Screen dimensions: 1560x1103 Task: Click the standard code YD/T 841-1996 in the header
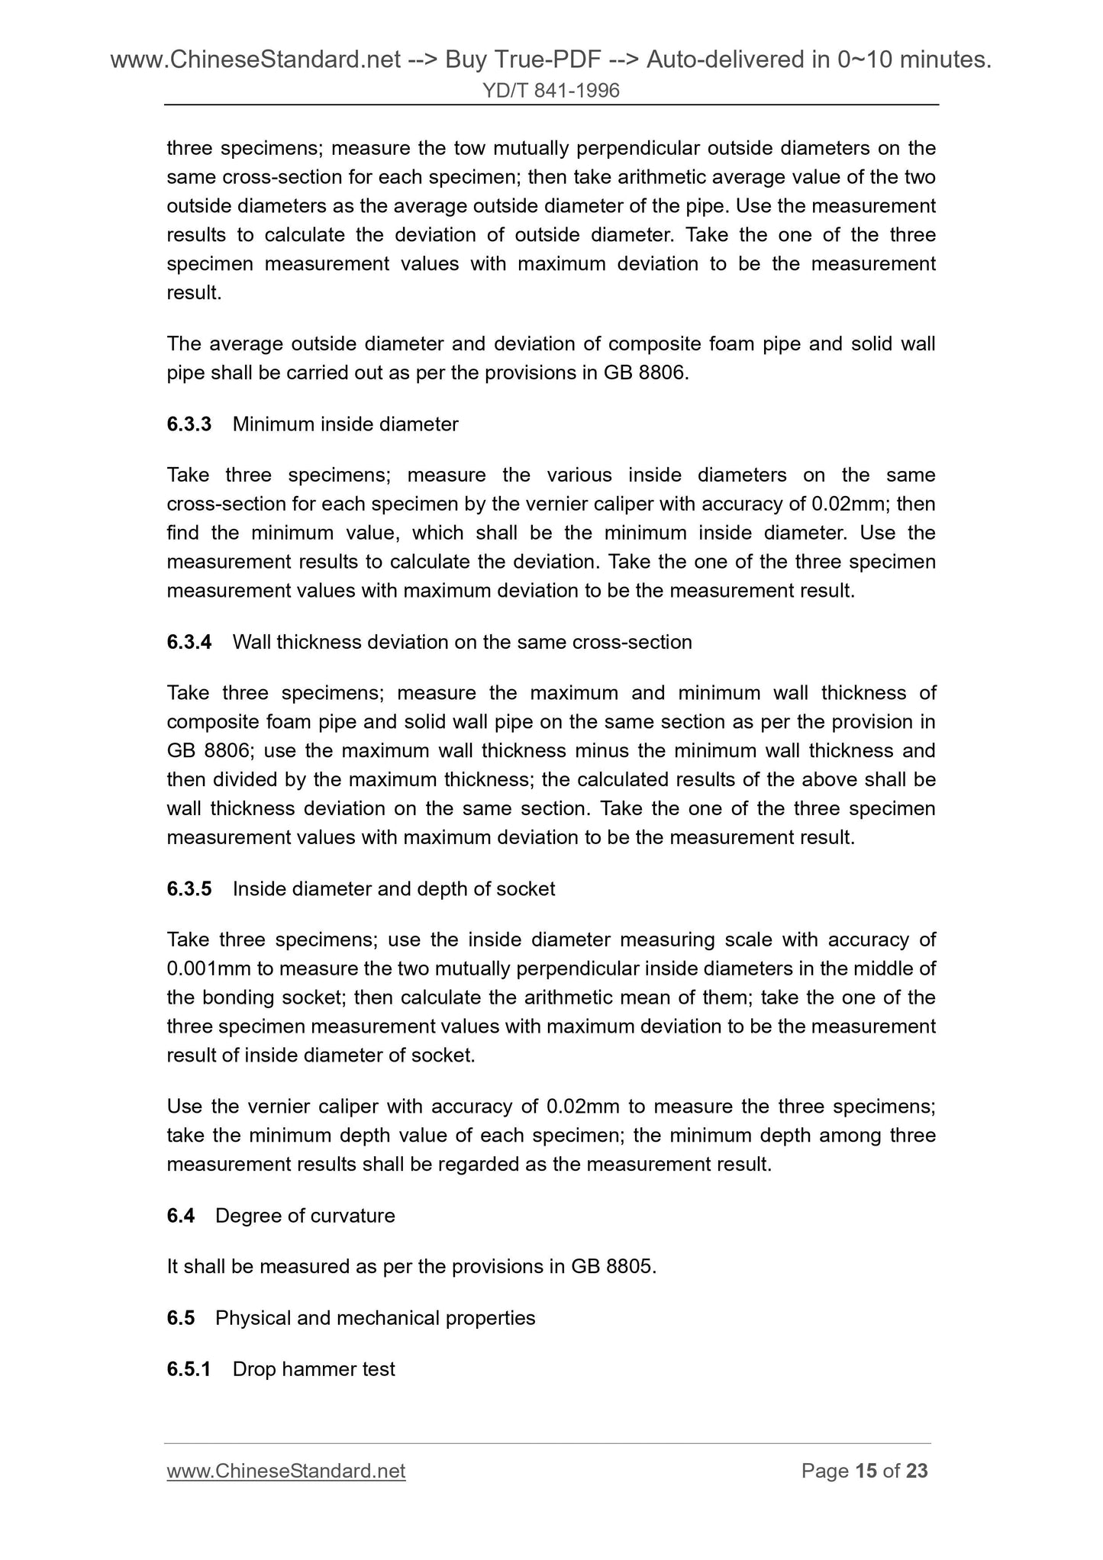[551, 92]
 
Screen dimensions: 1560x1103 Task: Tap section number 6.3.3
[189, 424]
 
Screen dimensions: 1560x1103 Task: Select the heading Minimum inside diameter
[345, 424]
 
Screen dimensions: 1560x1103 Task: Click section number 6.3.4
[189, 643]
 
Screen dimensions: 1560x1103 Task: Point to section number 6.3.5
[189, 889]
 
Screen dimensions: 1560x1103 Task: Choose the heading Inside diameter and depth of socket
[393, 889]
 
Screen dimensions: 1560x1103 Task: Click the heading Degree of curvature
[305, 1216]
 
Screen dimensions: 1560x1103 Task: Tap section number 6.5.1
[189, 1369]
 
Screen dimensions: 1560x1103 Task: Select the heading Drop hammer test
[313, 1369]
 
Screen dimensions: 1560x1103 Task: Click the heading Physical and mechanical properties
[375, 1318]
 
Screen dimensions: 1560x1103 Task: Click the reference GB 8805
[612, 1267]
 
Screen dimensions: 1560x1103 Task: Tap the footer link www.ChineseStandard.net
[285, 1471]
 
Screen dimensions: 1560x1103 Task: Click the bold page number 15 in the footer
[866, 1471]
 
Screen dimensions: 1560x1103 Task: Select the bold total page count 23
[917, 1471]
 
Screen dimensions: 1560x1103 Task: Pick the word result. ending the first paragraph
[194, 293]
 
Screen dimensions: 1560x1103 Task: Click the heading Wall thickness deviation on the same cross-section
[462, 643]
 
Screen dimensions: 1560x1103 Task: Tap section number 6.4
[180, 1216]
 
